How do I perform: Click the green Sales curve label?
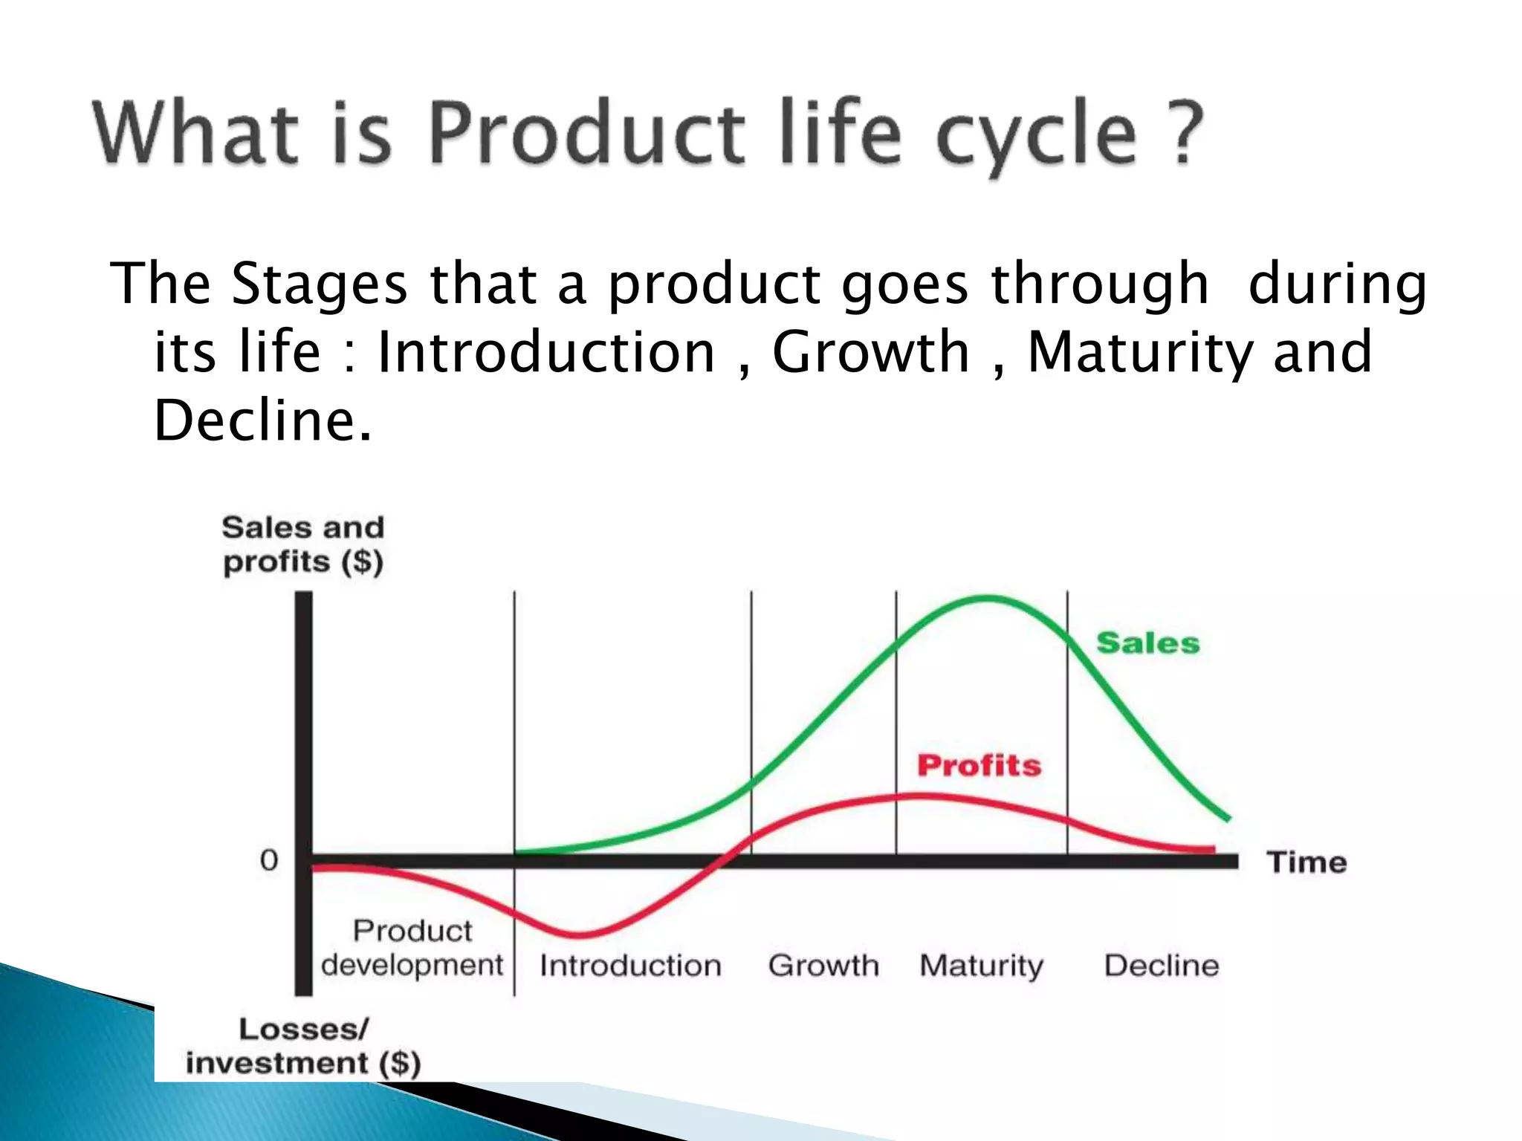1147,643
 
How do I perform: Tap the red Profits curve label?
979,765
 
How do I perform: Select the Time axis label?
1306,862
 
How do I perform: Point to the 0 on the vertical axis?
269,861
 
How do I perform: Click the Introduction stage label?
630,966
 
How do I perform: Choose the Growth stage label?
823,966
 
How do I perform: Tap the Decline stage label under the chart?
1162,966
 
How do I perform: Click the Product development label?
412,948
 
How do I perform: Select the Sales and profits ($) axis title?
303,545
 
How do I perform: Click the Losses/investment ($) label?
303,1046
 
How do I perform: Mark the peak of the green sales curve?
987,597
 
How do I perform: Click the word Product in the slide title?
586,134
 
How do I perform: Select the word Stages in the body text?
320,285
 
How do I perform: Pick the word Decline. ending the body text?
262,420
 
